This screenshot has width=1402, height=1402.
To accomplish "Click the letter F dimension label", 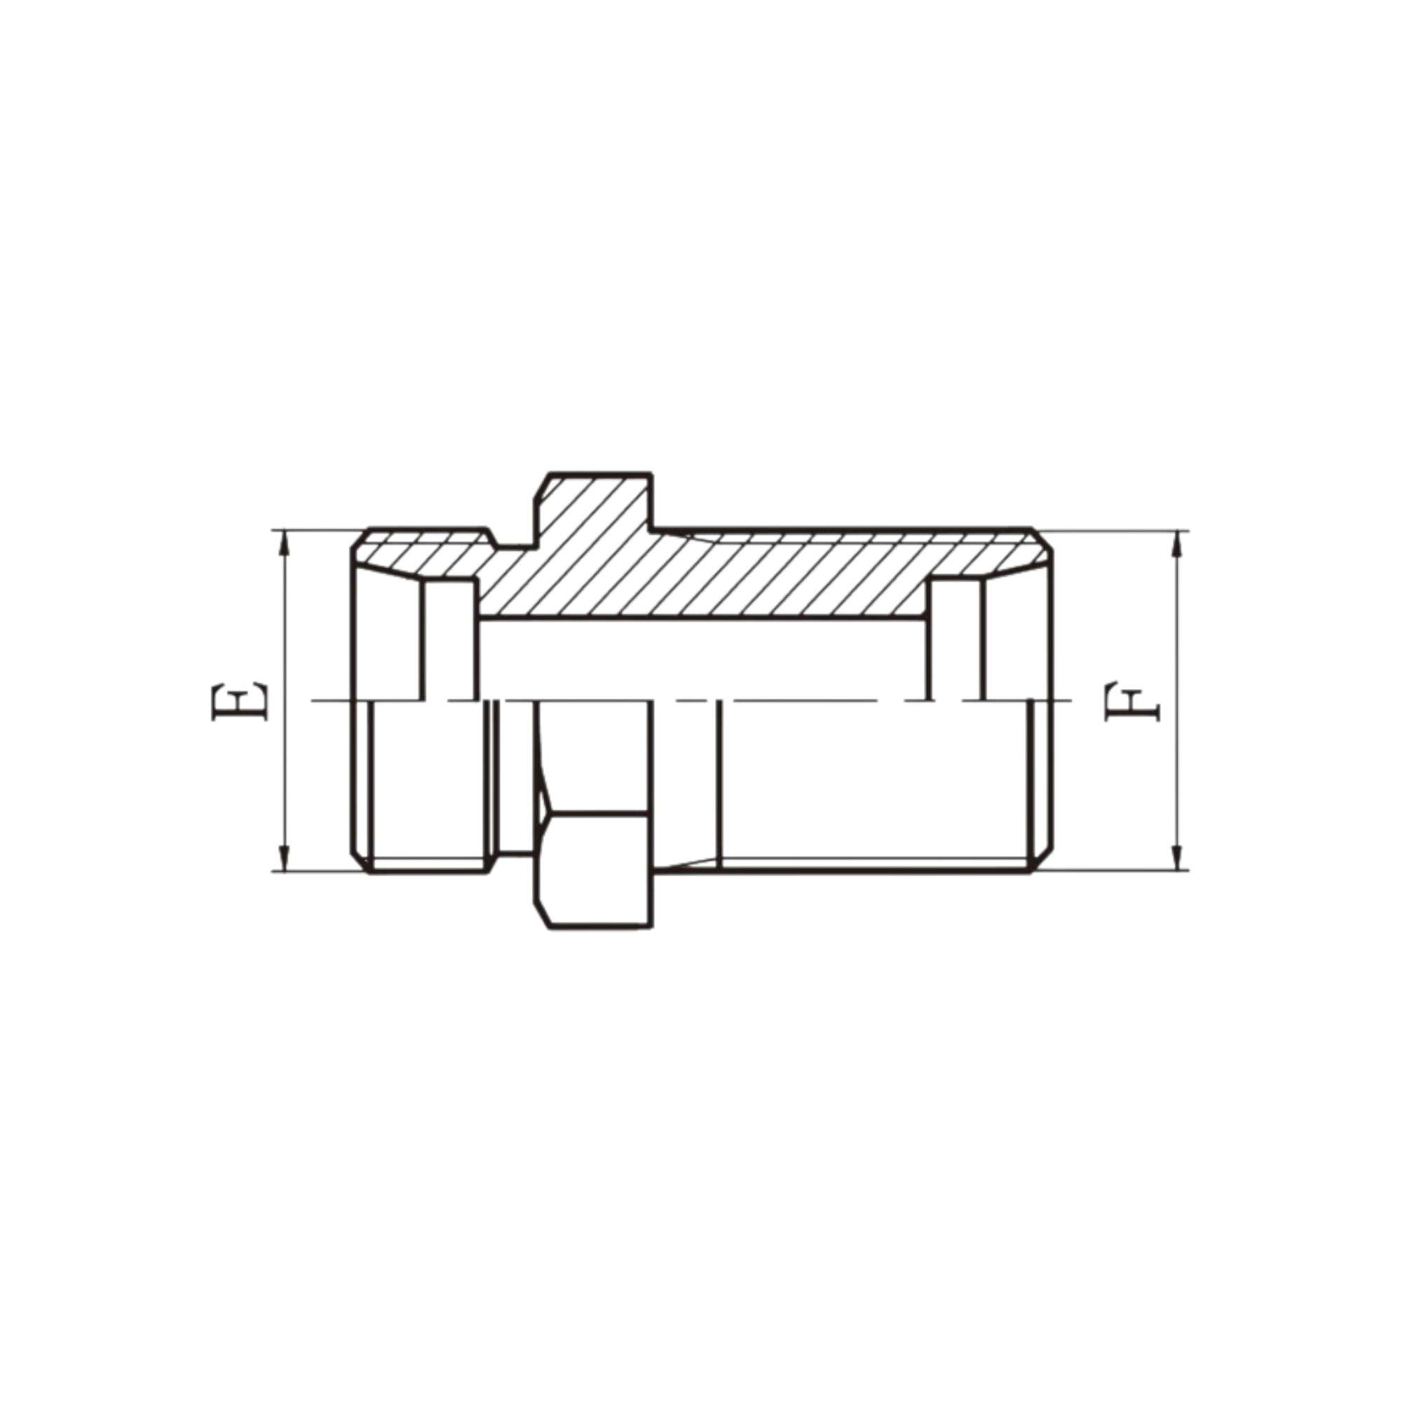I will click(1133, 701).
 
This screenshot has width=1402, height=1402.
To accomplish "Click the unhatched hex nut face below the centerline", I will click(595, 867).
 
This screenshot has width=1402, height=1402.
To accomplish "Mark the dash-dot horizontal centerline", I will click(798, 700).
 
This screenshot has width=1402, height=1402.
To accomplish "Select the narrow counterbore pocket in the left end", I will click(450, 639).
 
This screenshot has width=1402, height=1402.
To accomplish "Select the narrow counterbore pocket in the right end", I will click(955, 639).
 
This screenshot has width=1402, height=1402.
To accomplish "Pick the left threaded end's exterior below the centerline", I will click(428, 784).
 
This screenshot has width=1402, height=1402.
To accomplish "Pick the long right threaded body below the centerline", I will click(871, 784).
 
